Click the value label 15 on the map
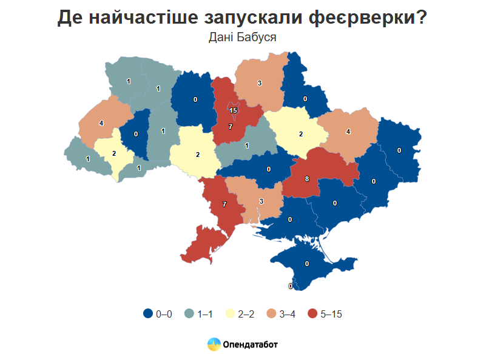pos(233,110)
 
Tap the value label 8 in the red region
pos(307,179)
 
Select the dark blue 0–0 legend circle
pos(147,313)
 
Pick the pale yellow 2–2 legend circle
pos(230,313)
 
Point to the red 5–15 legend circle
pos(312,313)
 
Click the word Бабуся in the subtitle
pos(259,38)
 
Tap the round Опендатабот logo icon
pos(214,344)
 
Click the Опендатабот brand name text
pos(251,345)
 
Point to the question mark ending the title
pos(420,18)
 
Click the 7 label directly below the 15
pos(230,127)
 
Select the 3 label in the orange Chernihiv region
pos(259,83)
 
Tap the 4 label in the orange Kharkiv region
pos(348,132)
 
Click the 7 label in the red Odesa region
pos(224,204)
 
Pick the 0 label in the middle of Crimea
pos(307,264)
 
